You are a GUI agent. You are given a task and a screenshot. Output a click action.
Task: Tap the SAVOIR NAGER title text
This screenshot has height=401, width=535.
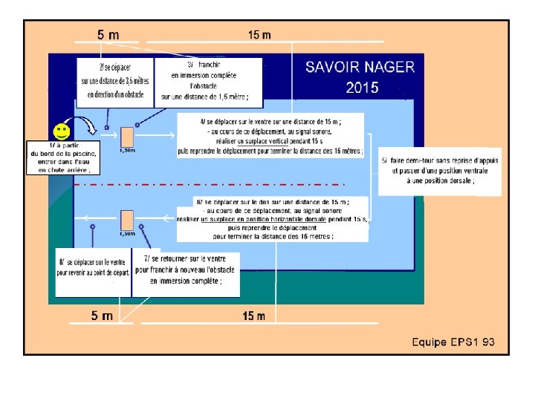point(360,67)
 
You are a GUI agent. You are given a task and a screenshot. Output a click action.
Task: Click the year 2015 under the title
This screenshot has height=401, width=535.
point(362,88)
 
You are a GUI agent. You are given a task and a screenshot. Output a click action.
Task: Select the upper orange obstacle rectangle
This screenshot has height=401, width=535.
point(127,137)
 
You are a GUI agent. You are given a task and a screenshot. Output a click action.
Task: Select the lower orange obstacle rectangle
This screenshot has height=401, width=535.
point(127,220)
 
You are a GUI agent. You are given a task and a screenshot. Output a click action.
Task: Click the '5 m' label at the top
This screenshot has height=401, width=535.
point(108,34)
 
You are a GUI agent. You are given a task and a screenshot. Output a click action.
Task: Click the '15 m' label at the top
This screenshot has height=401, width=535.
point(259,34)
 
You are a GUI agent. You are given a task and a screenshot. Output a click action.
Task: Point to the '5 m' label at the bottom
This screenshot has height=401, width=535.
point(102,316)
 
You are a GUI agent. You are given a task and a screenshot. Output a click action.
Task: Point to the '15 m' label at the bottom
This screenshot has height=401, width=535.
point(254,316)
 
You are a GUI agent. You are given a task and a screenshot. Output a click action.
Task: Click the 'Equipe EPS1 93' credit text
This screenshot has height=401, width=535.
point(453,342)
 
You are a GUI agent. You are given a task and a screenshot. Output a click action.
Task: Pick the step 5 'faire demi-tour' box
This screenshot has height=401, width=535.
point(439,171)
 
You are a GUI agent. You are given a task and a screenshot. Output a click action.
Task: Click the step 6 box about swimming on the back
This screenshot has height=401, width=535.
point(271,218)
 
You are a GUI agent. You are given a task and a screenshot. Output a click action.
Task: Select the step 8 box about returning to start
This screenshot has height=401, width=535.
point(94,268)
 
